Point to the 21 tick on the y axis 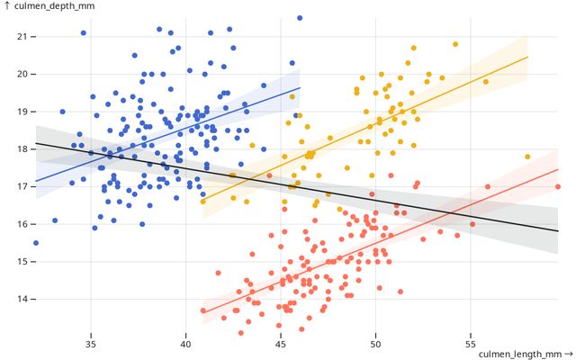[x=22, y=36]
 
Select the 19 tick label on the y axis [x=22, y=111]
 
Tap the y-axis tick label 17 [x=22, y=186]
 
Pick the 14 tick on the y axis [x=22, y=299]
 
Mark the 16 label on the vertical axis [x=22, y=224]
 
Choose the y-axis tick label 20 [x=22, y=74]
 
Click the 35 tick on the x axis [x=91, y=343]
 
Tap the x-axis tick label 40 [x=185, y=343]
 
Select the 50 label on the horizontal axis [x=375, y=343]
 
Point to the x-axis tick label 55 [x=470, y=343]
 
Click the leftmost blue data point [x=36, y=243]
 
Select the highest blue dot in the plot [x=300, y=17]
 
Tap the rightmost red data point [x=558, y=187]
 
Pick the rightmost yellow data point [x=527, y=157]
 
